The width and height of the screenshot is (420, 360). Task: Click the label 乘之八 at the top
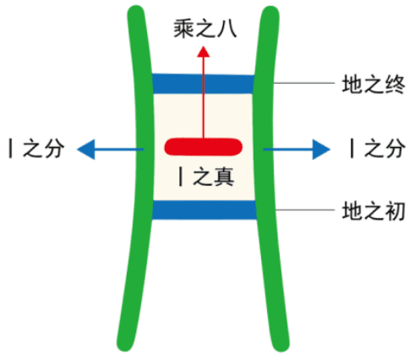tap(205, 29)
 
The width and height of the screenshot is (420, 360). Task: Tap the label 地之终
tap(374, 85)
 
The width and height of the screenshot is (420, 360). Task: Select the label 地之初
tap(374, 210)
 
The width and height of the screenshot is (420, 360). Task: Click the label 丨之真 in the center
tap(206, 177)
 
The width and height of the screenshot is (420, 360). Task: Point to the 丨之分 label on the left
tap(36, 149)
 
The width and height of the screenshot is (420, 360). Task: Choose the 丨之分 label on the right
tap(378, 149)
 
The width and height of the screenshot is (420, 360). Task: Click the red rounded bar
tap(204, 147)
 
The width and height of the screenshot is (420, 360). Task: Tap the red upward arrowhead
tap(203, 52)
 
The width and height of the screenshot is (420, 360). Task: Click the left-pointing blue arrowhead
tap(86, 150)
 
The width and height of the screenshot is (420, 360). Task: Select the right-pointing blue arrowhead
tap(321, 150)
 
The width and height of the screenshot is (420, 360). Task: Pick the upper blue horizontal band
tap(203, 84)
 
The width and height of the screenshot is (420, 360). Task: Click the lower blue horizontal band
tap(205, 210)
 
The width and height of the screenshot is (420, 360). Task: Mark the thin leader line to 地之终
tap(303, 84)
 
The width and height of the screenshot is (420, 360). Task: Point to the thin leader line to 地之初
tap(305, 210)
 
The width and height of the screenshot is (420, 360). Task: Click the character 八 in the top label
tap(227, 29)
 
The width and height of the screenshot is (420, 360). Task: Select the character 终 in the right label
tap(395, 85)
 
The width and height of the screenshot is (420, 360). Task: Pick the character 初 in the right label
tap(395, 210)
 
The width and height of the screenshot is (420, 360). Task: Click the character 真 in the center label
tap(224, 177)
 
